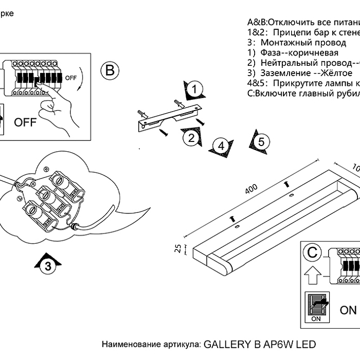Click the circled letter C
tap(313, 253)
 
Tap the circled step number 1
tap(194, 89)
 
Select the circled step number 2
tap(191, 137)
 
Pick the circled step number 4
tap(221, 146)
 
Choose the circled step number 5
tap(261, 141)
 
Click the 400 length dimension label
tap(251, 189)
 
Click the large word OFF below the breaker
tap(25, 122)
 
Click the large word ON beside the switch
tap(348, 310)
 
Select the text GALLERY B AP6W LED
tap(260, 344)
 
